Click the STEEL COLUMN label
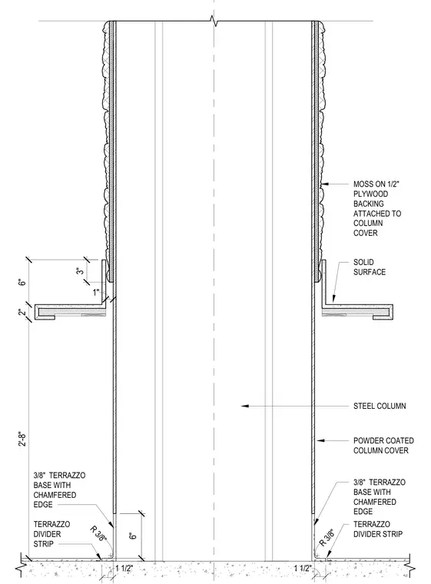pos(380,406)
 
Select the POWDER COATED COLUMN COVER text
pos(383,446)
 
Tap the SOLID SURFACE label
pos(370,267)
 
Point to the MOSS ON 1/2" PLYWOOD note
pos(377,208)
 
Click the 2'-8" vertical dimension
pos(23,439)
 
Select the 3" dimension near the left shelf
pos(80,271)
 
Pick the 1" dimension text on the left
pos(97,293)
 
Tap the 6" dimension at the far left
pos(23,281)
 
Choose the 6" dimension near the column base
pos(133,536)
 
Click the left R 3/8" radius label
pos(98,534)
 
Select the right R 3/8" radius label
pos(327,537)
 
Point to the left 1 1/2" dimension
pos(124,569)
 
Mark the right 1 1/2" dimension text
pos(303,569)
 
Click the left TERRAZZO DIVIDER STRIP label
pos(51,534)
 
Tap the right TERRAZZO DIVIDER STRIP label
pos(378,529)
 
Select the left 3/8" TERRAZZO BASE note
pos(59,489)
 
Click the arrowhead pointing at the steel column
pos(245,406)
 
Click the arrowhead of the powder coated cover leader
pos(320,440)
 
